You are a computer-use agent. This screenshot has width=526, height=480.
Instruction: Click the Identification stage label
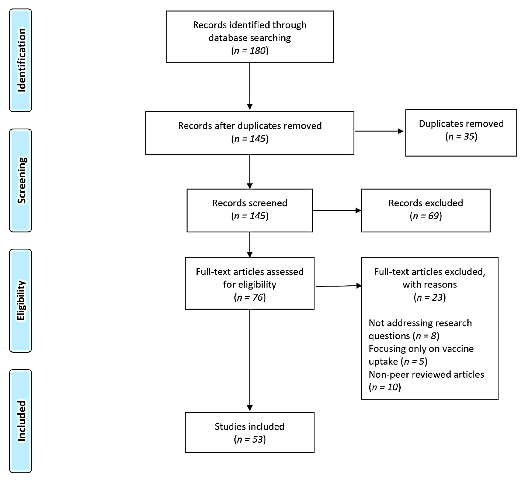click(21, 60)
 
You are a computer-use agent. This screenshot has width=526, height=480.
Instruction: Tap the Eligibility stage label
click(21, 301)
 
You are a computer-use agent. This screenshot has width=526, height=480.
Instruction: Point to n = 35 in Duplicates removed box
click(461, 136)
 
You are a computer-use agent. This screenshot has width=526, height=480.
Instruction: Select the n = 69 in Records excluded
click(426, 216)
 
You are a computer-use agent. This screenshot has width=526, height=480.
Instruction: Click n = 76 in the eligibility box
click(250, 297)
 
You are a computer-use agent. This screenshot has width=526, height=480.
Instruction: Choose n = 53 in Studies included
click(250, 439)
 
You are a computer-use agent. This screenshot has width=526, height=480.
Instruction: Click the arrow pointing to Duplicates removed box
click(379, 131)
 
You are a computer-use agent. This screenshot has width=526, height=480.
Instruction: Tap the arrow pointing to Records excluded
click(337, 210)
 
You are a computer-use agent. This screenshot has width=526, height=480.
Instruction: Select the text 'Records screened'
click(250, 203)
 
